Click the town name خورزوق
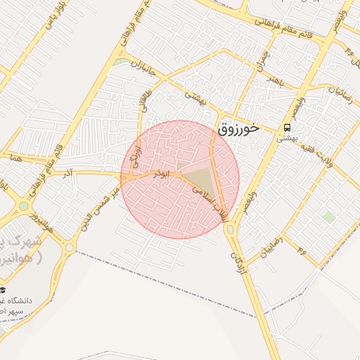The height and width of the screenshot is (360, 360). (238, 129)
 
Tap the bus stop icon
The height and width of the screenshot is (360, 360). (287, 127)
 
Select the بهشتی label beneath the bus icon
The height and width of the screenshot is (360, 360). (287, 139)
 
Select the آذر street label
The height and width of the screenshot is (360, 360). (67, 172)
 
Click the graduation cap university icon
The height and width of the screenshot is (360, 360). (4, 290)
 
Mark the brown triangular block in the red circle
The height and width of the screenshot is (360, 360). (199, 178)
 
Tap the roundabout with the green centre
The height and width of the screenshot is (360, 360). (25, 207)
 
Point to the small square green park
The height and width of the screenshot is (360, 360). (328, 217)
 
